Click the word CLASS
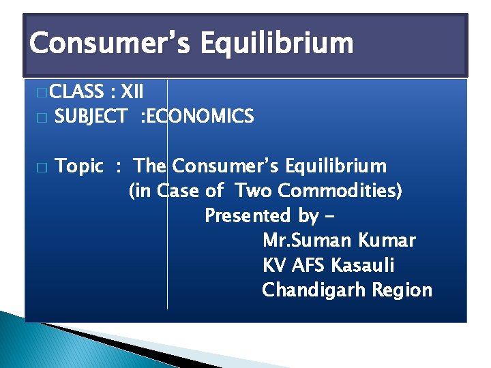76,91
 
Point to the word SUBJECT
91,117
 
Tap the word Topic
79,166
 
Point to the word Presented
248,216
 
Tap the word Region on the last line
403,290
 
